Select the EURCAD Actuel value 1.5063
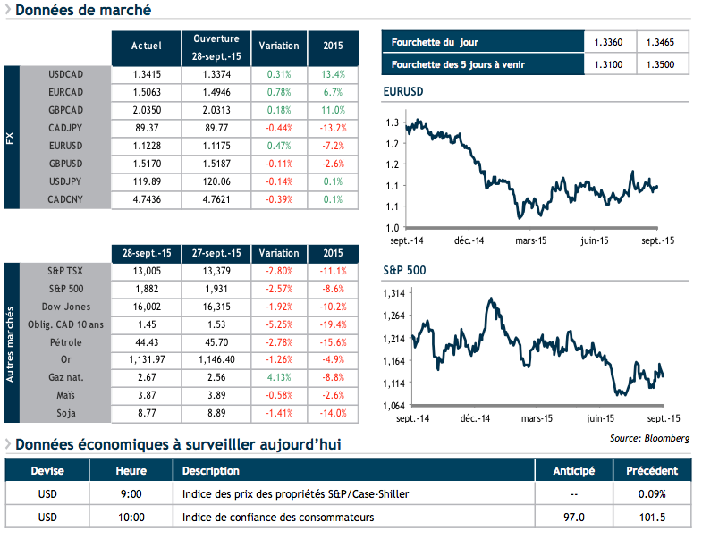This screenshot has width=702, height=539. click(146, 91)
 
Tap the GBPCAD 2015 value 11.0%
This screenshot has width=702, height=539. click(333, 110)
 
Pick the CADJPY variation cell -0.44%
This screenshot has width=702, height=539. click(279, 128)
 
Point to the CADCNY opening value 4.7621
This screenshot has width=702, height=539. click(216, 200)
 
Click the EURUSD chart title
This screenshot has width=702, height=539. click(402, 92)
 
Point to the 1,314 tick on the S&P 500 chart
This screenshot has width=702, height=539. click(394, 293)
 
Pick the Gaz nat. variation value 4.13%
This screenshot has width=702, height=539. click(279, 378)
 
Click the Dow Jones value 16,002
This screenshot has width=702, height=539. click(146, 306)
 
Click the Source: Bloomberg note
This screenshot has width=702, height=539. click(650, 438)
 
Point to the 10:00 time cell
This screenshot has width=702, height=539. click(131, 517)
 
